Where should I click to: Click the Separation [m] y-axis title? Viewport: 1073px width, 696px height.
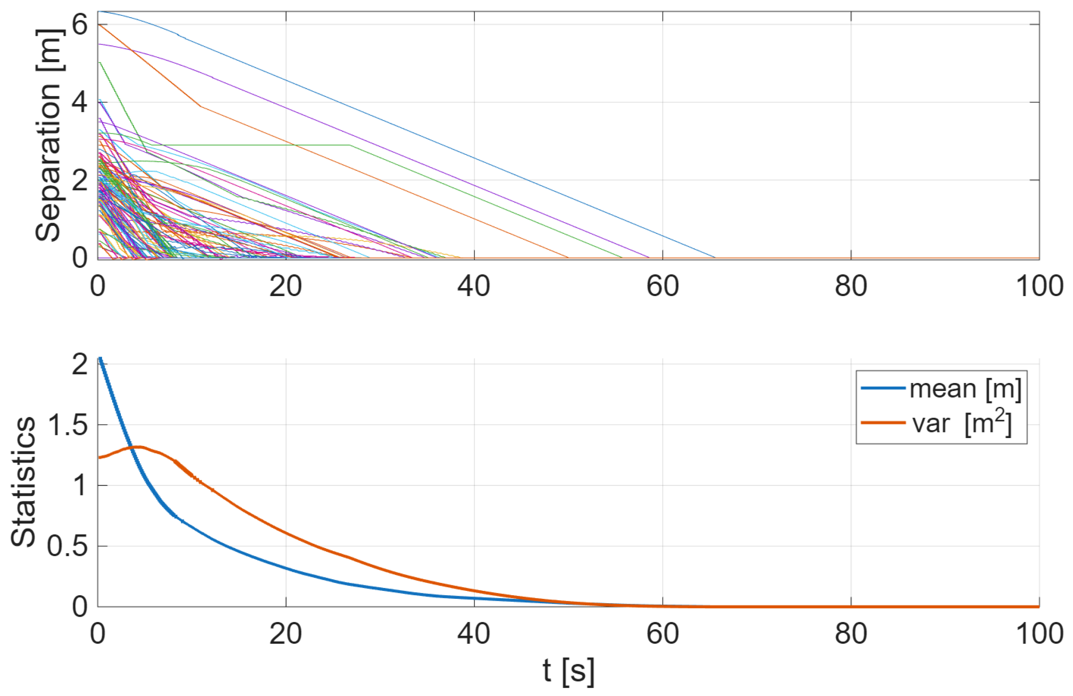[49, 135]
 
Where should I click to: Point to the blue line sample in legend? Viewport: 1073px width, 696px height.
[883, 388]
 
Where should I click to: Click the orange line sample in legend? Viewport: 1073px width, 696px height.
[883, 423]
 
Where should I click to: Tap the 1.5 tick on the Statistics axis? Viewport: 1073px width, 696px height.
[68, 425]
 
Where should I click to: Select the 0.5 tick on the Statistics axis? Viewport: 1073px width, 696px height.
[68, 546]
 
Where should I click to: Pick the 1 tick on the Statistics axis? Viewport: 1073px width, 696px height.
[80, 486]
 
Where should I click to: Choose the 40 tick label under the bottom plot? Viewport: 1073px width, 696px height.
[474, 633]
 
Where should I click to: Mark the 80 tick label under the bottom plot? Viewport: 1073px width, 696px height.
[851, 633]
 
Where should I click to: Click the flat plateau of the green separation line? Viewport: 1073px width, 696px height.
[248, 145]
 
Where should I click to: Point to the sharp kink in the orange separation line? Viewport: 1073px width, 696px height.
[200, 106]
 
